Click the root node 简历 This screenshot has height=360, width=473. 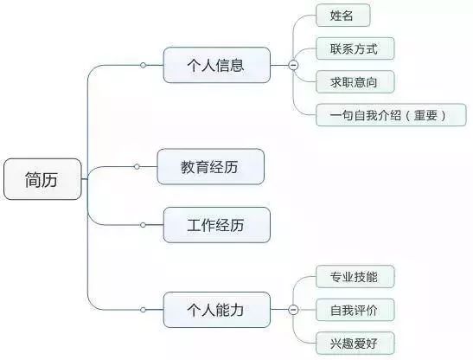42,179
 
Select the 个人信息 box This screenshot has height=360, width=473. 216,65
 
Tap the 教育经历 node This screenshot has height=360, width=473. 210,166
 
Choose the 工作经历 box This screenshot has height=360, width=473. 216,225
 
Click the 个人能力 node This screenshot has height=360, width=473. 216,310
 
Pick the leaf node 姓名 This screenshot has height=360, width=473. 343,16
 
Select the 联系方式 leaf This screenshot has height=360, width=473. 355,48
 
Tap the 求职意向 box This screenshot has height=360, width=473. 355,82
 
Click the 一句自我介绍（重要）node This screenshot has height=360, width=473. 391,115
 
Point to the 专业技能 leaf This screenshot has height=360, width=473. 355,277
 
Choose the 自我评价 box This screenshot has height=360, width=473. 355,310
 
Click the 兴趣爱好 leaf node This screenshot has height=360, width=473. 355,343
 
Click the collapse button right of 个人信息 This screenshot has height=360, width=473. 293,65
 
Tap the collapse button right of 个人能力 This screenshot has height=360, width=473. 293,310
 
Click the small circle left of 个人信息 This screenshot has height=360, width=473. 144,65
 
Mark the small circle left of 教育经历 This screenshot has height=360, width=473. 137,166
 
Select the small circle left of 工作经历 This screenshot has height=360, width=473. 144,225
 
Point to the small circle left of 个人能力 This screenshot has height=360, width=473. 144,310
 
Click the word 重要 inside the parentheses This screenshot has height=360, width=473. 425,115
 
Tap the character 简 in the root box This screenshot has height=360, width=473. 33,179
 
